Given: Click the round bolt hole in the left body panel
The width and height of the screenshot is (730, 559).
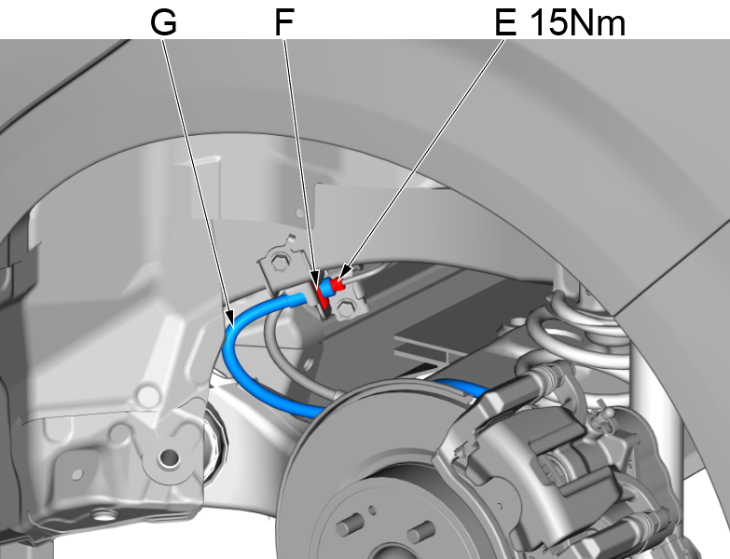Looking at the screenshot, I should [x=168, y=457].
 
